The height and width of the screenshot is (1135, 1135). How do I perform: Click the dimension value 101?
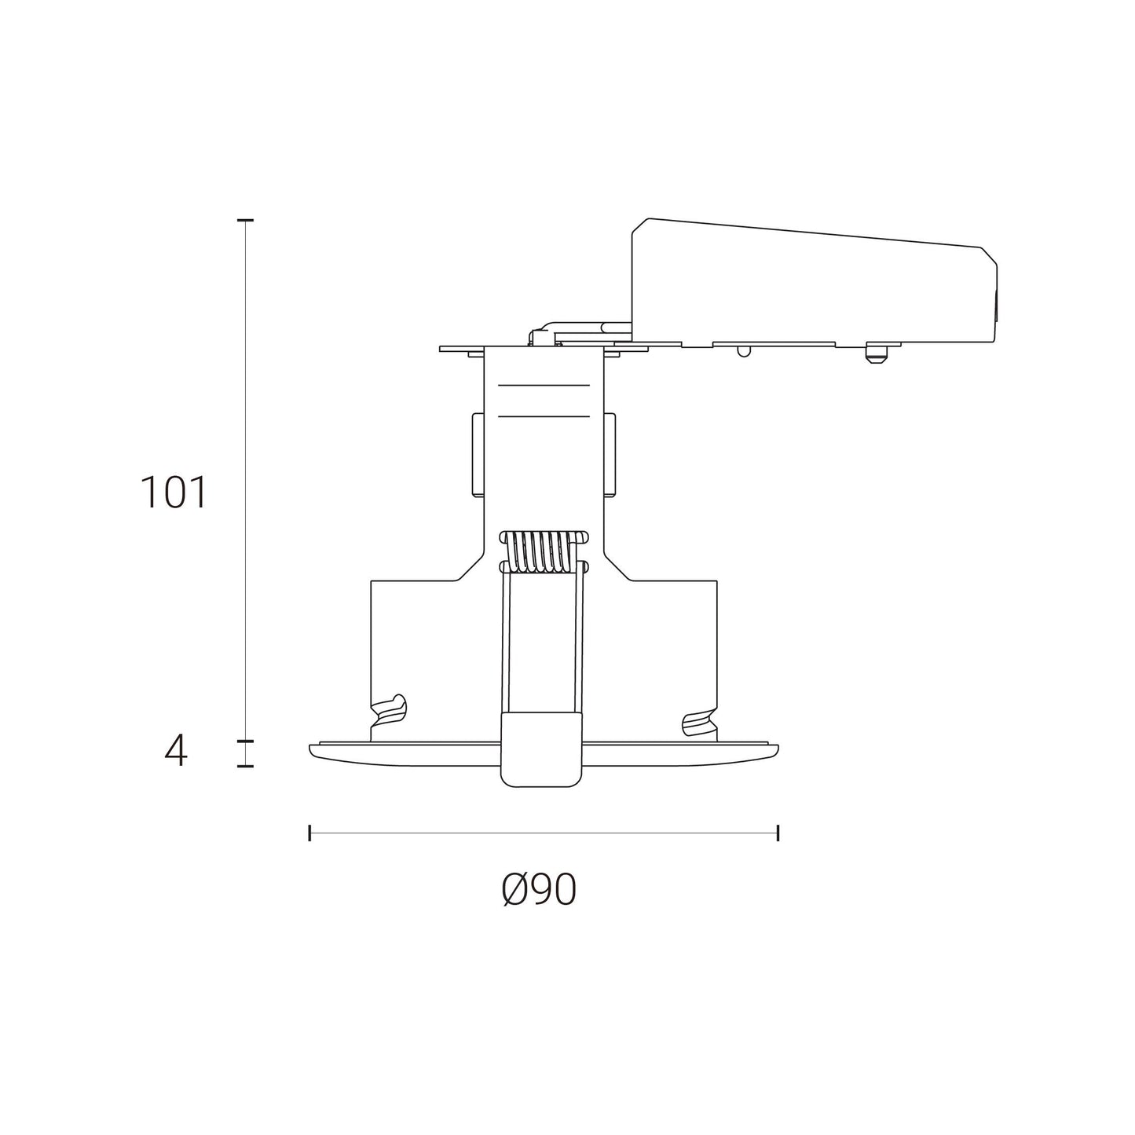(173, 493)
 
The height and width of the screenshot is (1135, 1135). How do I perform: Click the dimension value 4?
(176, 752)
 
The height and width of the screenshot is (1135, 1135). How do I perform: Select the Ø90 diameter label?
(539, 891)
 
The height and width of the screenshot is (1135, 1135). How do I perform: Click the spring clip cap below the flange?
(542, 749)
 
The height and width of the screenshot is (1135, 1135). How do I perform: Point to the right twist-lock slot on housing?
(698, 723)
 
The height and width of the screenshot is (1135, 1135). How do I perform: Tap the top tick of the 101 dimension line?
(246, 222)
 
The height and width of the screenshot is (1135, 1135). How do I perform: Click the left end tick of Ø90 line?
(310, 833)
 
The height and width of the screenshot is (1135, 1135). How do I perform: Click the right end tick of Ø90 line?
(778, 833)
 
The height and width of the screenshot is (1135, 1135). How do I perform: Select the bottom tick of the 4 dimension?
(246, 766)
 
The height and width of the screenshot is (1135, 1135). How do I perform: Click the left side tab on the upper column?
(477, 456)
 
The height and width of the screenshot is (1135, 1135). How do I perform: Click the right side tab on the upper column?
(610, 456)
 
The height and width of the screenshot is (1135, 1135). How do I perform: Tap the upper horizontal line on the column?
(544, 386)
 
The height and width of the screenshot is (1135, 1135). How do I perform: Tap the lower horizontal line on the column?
(544, 416)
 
